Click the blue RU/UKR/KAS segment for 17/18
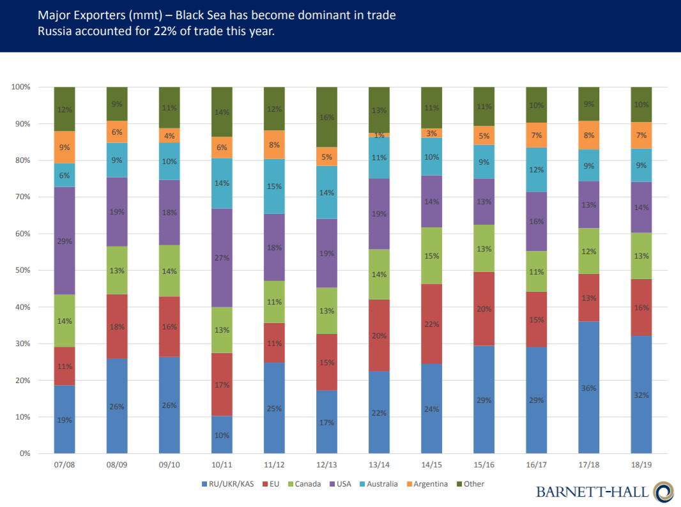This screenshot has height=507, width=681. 588,387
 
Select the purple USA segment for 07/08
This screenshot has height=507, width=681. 65,241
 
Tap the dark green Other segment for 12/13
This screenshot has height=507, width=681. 326,117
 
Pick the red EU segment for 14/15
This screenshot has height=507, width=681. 431,324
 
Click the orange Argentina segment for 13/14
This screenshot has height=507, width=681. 379,135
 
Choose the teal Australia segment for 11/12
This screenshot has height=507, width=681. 274,186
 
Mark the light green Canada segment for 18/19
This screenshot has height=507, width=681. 641,256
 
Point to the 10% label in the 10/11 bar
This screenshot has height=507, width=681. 222,435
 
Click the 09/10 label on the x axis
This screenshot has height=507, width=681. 169,464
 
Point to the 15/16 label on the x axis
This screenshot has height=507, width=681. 484,464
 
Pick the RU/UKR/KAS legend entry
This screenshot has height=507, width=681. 229,484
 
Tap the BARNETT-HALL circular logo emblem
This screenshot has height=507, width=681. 663,492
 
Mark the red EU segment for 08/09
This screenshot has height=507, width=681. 117,326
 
